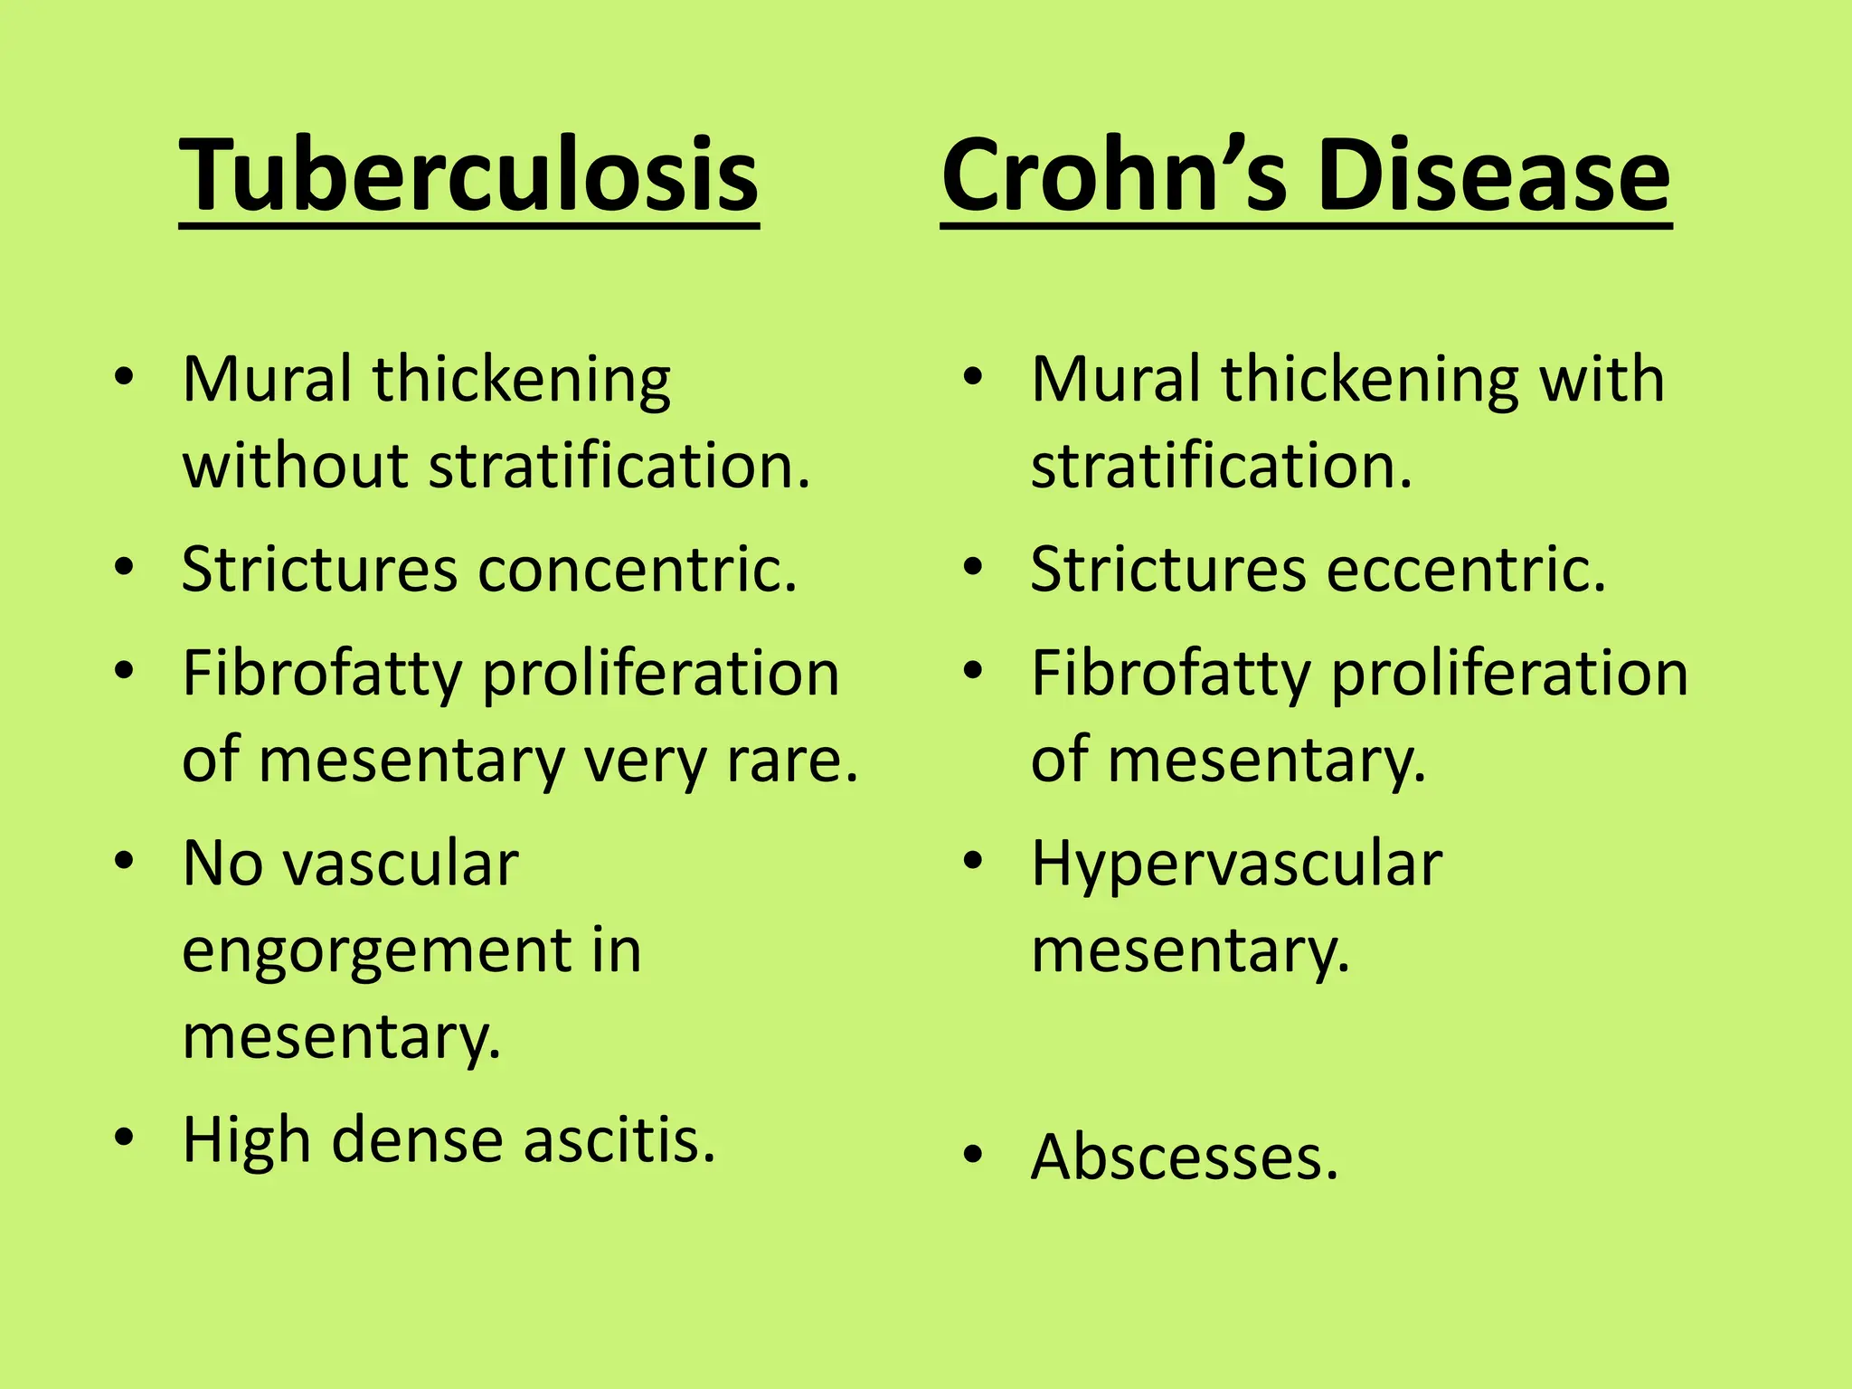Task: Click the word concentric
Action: pos(638,570)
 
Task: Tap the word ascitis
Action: pos(619,1139)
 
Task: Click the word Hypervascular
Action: pos(1236,864)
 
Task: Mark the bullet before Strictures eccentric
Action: pos(973,567)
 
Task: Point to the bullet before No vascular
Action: pos(125,860)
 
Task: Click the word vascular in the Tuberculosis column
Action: pos(402,864)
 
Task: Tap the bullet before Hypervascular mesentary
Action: pos(973,860)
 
